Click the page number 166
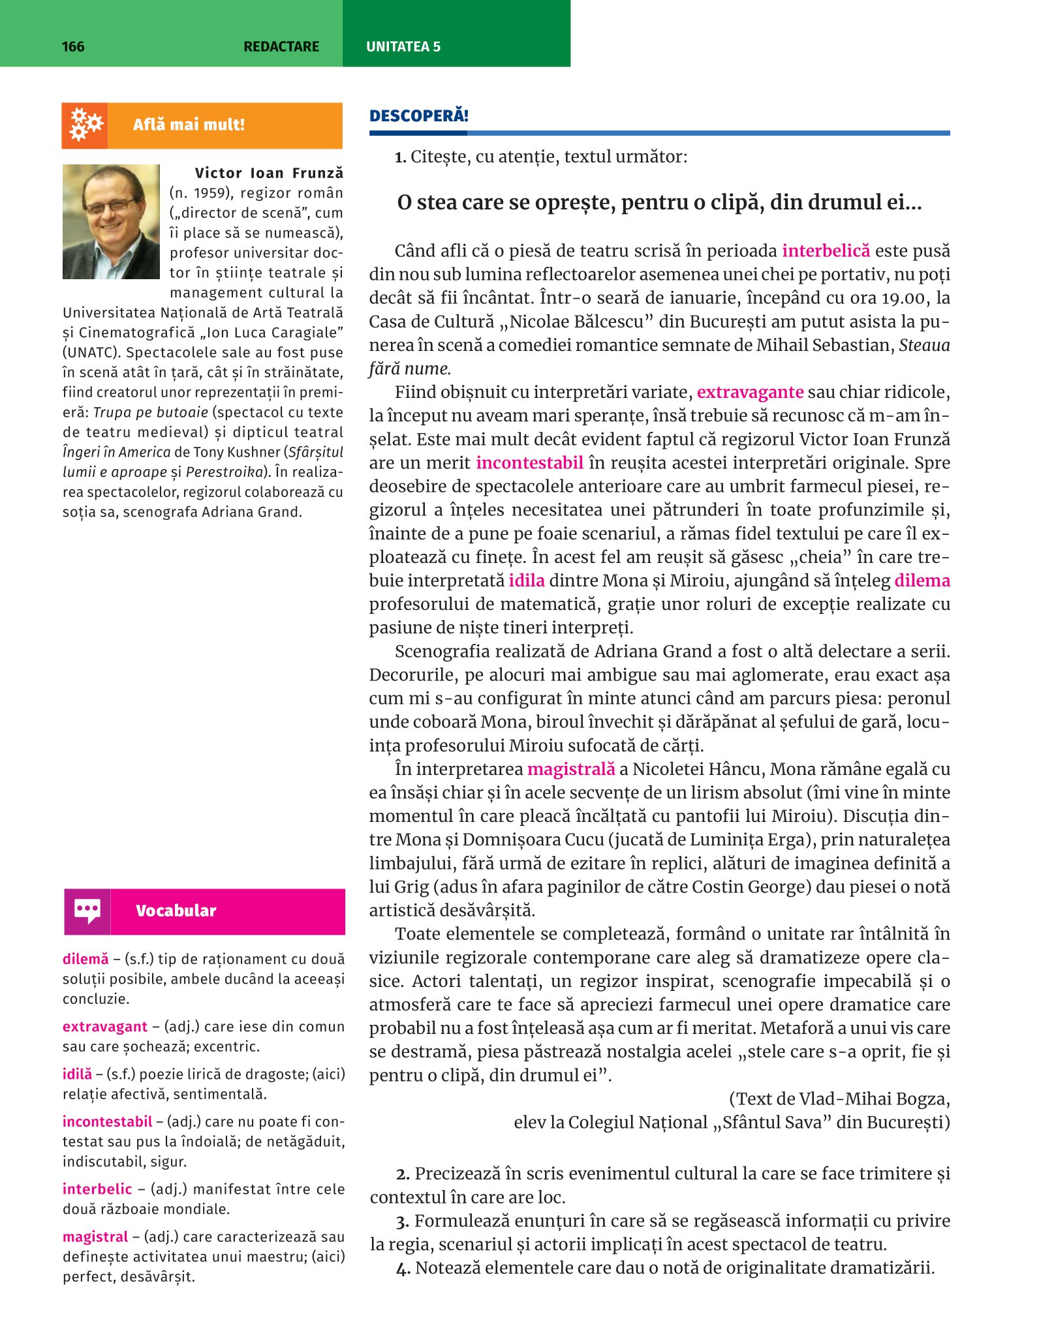(73, 46)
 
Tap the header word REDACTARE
(281, 46)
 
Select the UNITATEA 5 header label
(403, 46)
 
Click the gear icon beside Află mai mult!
(85, 125)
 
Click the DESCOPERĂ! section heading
(419, 116)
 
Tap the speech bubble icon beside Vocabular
(87, 911)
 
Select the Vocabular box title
(176, 911)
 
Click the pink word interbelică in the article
(826, 251)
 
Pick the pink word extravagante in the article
(750, 392)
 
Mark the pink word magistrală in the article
(571, 769)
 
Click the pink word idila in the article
(527, 581)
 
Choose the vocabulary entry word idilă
(77, 1074)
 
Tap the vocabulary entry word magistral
(95, 1236)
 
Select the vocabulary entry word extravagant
(105, 1026)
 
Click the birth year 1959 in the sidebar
(211, 193)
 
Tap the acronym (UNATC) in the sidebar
(91, 353)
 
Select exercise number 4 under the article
(402, 1268)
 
